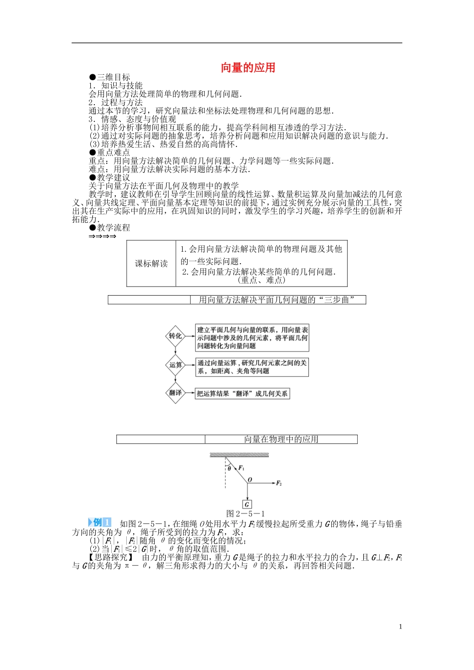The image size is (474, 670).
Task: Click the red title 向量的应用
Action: point(248,68)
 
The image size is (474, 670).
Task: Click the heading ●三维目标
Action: point(109,77)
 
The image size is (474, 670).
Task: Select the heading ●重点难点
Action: point(109,153)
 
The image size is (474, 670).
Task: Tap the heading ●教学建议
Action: point(109,177)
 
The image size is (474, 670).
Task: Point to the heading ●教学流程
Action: point(109,228)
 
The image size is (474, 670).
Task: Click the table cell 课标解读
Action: point(151,264)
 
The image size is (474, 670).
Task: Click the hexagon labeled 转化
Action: point(175,336)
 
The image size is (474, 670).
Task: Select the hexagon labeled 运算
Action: point(175,365)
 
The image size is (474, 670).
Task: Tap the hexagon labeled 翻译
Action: point(175,393)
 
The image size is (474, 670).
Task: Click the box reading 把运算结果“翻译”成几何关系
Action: point(242,394)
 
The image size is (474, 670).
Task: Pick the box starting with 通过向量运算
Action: point(252,367)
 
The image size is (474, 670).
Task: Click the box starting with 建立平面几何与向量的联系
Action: point(252,337)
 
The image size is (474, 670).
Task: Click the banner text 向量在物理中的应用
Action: point(281,439)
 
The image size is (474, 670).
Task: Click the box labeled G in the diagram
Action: point(246,504)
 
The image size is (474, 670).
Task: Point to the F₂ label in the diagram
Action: point(279,484)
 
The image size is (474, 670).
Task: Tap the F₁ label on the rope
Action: point(241,468)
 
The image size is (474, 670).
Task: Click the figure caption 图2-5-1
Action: point(245,513)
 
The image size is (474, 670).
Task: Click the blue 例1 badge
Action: point(100,522)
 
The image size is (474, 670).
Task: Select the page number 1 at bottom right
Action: point(400,627)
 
